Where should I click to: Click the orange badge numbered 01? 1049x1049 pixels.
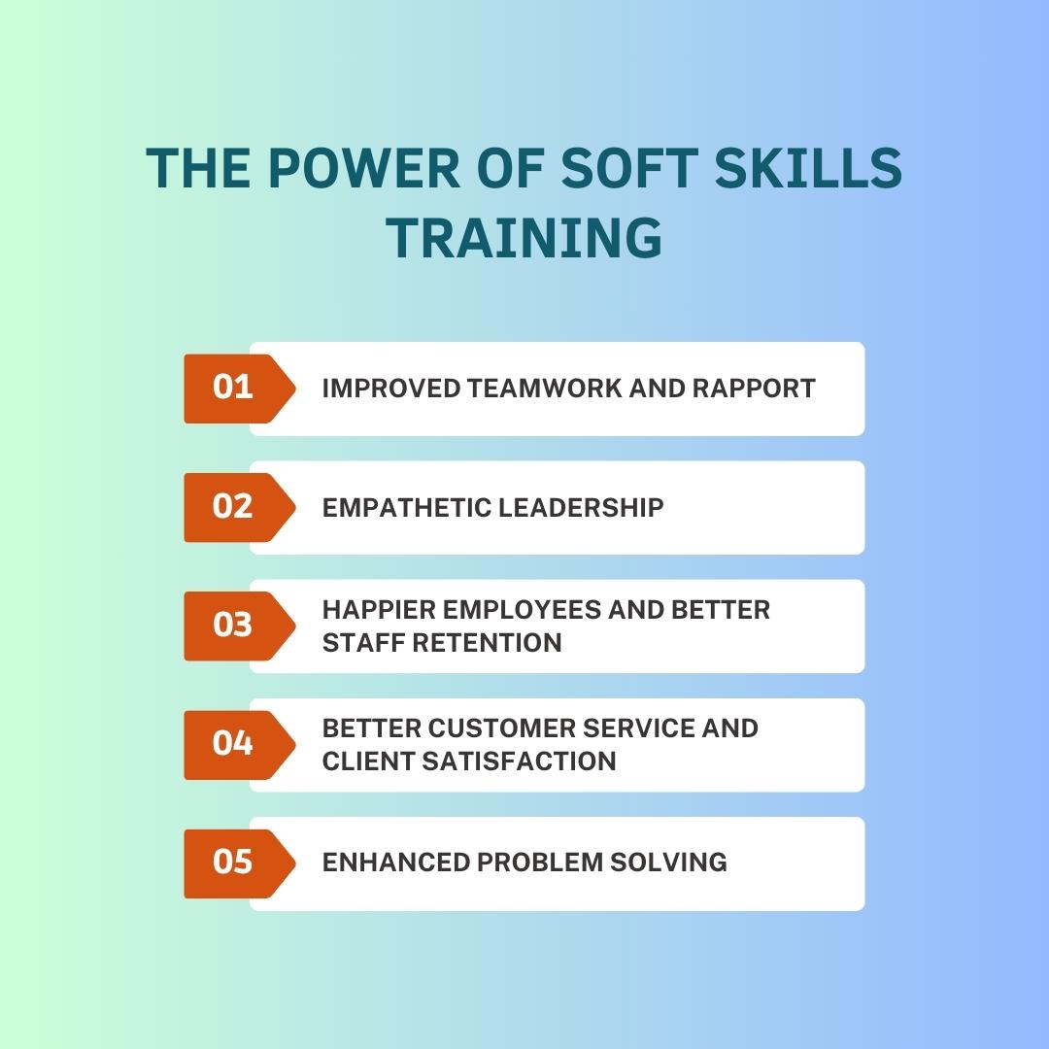pos(234,389)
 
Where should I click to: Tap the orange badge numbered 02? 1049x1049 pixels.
pos(234,507)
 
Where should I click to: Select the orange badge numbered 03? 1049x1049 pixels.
pos(234,626)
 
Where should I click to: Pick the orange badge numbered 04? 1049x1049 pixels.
pos(234,744)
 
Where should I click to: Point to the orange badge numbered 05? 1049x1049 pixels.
pos(234,863)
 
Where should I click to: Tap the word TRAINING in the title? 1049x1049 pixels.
pos(525,237)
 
